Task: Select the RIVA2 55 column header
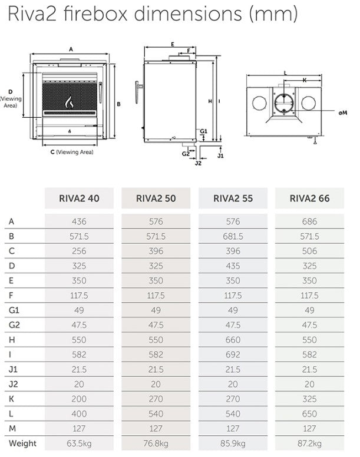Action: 233,198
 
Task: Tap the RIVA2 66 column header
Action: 309,198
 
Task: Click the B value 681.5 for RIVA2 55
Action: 233,237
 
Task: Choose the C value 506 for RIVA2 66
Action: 309,251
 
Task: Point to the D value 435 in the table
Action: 233,266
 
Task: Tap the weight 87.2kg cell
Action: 309,443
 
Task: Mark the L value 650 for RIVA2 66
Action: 309,413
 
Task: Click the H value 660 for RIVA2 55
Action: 233,340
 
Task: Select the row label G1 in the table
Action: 14,310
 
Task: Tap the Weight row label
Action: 22,443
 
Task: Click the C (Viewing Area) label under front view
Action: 72,152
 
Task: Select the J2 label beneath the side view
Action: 198,163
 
